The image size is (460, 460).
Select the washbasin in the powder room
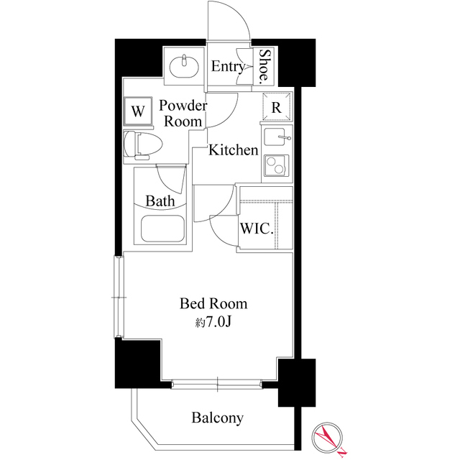pos(185,66)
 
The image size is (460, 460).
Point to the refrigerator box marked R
pos(277,107)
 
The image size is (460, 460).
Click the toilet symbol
pos(140,144)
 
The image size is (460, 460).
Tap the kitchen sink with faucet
pos(277,137)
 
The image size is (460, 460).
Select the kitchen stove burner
pos(277,167)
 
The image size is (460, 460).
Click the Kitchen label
pos(234,150)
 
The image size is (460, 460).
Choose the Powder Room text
pos(183,114)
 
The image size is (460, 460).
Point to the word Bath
pos(160,201)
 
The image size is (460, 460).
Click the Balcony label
pos(217,418)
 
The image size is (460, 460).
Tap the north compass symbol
pos(329,438)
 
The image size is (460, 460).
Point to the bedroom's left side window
pos(119,296)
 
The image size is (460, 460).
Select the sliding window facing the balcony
pos(217,384)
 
